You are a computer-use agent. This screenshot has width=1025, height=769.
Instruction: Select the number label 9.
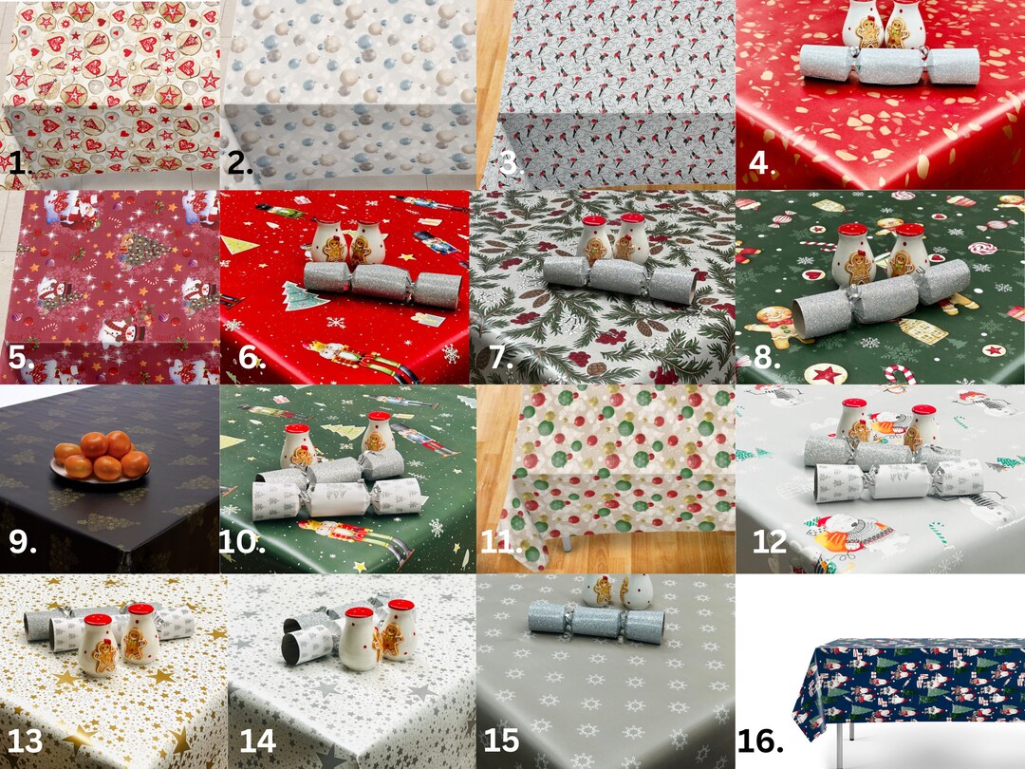click(x=21, y=543)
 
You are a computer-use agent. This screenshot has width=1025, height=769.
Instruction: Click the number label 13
click(x=25, y=740)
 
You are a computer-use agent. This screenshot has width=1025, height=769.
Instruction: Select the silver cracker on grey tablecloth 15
click(x=596, y=620)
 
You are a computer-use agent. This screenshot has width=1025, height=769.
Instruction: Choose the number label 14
click(x=257, y=740)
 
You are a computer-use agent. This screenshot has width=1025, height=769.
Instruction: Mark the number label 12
click(x=770, y=543)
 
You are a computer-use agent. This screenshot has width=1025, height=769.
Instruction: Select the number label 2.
click(x=240, y=162)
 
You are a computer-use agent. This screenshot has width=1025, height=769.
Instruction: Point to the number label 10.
click(x=236, y=543)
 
